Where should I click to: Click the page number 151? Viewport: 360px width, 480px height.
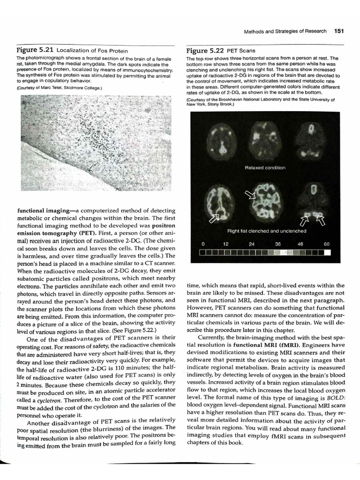click(338, 31)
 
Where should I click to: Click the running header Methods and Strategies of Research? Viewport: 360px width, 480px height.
click(285, 31)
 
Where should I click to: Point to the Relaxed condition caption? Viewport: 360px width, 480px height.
click(265, 168)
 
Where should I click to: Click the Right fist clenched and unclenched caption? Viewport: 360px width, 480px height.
click(267, 231)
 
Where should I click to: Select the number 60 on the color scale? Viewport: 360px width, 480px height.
click(326, 244)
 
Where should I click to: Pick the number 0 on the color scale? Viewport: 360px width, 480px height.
click(202, 244)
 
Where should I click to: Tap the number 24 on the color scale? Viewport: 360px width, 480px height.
click(252, 244)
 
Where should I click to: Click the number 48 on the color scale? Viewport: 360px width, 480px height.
click(300, 244)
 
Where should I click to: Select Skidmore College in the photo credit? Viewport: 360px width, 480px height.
click(83, 88)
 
